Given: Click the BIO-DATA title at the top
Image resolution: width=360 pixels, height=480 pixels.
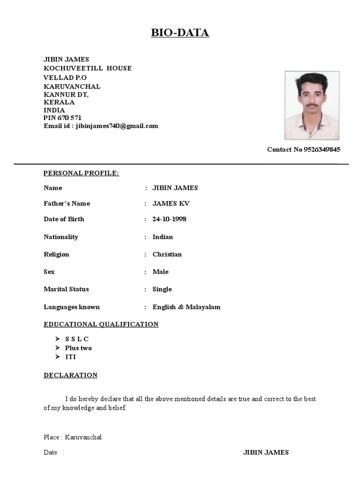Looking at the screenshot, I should coord(180,33).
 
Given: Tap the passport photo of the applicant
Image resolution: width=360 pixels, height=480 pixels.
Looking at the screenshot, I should coord(312,105).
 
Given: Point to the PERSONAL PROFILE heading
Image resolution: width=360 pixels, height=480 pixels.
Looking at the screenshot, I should coord(81,173).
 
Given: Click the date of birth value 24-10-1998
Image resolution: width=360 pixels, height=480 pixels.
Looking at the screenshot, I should coord(169,219).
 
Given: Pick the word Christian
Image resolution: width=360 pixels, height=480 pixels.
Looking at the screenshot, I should coord(167,255).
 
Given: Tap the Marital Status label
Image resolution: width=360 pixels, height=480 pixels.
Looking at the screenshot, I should coord(66,289).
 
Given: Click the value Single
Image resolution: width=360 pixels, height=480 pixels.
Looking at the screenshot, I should coord(162,289).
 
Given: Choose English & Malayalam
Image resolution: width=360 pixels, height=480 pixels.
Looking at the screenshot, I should coord(186,307).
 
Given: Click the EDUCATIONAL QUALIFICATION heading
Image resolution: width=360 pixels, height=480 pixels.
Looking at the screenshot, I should coord(101,324).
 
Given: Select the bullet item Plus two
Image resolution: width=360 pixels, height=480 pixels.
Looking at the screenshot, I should coord(78,348).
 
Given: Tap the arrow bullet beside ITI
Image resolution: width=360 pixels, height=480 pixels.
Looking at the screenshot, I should coord(57,357).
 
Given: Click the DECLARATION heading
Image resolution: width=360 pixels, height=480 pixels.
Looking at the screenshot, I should coord(70,375).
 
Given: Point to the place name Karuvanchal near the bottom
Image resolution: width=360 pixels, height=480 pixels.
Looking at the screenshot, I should coord(83,437).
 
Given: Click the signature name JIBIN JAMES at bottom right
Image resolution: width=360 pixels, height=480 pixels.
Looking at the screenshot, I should coord(266,452).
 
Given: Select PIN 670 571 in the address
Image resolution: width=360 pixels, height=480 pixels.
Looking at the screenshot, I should coord(62,118).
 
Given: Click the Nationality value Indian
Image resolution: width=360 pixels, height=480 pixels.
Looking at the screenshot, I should coord(163,237).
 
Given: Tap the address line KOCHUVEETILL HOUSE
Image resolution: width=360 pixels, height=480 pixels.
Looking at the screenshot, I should coord(87,68).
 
